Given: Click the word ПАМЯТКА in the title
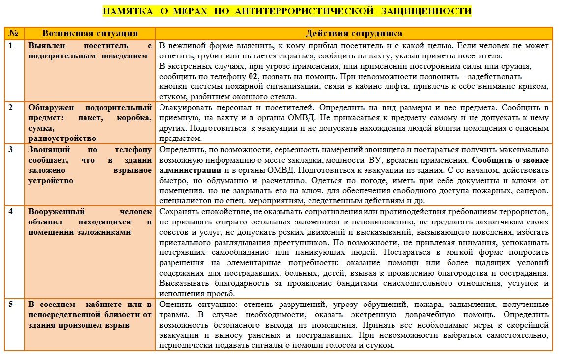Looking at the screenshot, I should pos(128,11).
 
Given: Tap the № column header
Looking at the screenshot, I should pos(13,33).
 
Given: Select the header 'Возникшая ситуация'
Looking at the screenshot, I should pos(89,33).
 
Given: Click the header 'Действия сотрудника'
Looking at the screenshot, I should pos(353,33).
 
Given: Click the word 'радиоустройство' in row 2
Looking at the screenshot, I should pos(62,138).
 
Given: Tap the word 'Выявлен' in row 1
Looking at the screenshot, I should pos(46,45).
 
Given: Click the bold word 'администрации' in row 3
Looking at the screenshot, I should pos(190,170).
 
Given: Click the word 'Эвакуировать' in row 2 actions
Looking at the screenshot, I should pos(183,107).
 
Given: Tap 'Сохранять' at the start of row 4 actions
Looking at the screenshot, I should pos(178,212).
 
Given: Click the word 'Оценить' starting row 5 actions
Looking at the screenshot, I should pos(173,304).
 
